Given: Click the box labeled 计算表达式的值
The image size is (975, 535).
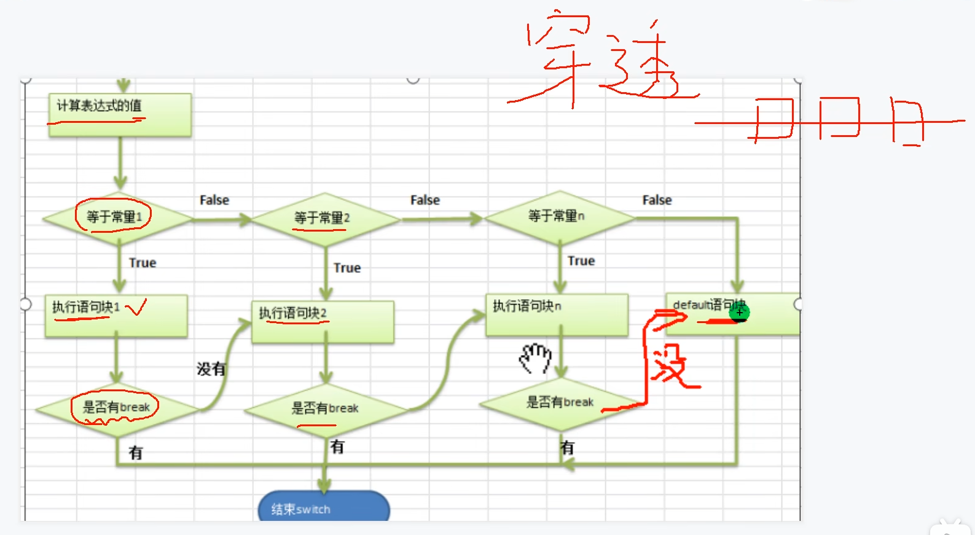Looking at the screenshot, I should (x=120, y=114).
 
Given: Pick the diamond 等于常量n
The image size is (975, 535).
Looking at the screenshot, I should (x=558, y=217).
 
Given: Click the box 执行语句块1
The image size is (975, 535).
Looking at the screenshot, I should (x=116, y=316).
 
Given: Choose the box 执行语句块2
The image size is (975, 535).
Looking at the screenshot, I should (x=323, y=321).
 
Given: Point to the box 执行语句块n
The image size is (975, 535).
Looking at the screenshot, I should (x=557, y=314).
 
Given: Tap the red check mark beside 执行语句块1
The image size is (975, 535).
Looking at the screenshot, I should (x=136, y=307).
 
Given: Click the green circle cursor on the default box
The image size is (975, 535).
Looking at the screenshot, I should (x=739, y=313).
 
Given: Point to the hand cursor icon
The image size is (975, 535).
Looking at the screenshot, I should (x=536, y=358).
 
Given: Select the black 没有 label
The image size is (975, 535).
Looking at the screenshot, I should (x=211, y=369).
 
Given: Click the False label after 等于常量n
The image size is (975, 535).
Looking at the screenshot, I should (x=657, y=200).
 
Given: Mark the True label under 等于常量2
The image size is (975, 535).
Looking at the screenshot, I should (x=347, y=268).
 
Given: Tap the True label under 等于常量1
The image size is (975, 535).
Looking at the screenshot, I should (x=143, y=263).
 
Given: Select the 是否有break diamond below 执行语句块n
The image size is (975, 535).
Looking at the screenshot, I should (x=560, y=403).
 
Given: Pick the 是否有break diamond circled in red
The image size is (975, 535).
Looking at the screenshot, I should (x=117, y=408).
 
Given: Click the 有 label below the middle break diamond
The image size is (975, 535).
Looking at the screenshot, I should (x=337, y=447).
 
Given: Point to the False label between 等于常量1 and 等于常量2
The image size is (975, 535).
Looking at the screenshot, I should (x=214, y=200).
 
